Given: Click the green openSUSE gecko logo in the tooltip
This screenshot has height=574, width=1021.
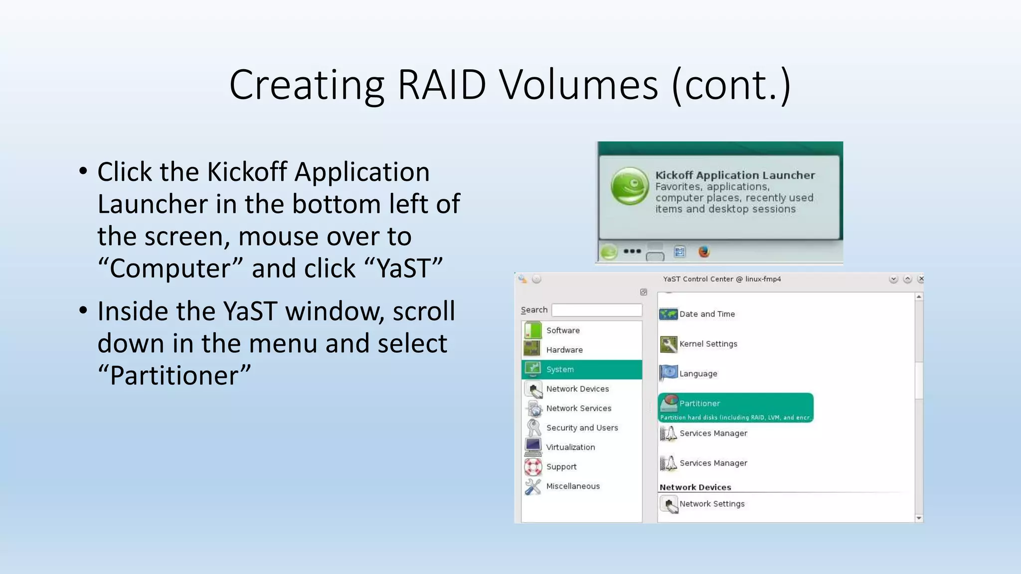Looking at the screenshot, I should pyautogui.click(x=630, y=186).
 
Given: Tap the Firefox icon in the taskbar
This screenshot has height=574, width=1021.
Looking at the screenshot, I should pyautogui.click(x=704, y=252).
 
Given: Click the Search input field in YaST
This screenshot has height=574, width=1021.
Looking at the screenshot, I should pyautogui.click(x=597, y=310).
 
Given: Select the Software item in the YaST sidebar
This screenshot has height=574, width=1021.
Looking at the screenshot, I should pyautogui.click(x=563, y=330).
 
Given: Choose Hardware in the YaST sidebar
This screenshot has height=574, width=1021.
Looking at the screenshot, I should pyautogui.click(x=564, y=350).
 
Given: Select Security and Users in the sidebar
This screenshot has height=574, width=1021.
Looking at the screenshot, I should pyautogui.click(x=582, y=428).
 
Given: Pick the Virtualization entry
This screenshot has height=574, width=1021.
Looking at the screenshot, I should pyautogui.click(x=570, y=447).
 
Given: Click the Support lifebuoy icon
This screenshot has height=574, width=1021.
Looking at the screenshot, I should pyautogui.click(x=533, y=467).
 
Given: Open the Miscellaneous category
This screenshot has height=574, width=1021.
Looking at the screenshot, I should pyautogui.click(x=573, y=486).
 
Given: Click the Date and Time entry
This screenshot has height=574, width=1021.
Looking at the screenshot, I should pyautogui.click(x=706, y=314).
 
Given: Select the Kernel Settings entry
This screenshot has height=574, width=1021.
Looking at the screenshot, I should pyautogui.click(x=708, y=344).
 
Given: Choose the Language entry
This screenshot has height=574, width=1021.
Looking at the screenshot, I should pyautogui.click(x=698, y=374).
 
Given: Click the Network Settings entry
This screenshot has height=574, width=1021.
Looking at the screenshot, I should pyautogui.click(x=711, y=504).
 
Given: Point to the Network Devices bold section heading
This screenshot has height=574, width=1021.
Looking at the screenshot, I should pyautogui.click(x=695, y=487).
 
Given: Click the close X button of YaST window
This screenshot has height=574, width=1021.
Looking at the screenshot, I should pyautogui.click(x=921, y=279).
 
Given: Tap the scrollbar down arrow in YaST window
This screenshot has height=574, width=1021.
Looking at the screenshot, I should pyautogui.click(x=919, y=518).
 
